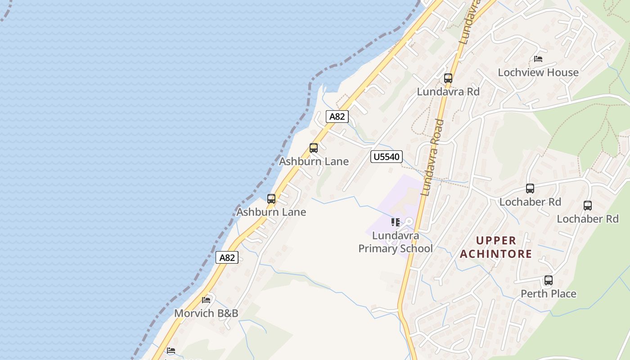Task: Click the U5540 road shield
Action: (x=386, y=157)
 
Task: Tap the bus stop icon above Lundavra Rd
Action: (x=448, y=78)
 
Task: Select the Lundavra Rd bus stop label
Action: (x=448, y=91)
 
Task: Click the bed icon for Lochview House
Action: (x=538, y=59)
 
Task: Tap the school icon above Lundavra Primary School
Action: (x=395, y=222)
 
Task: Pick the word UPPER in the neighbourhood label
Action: (x=496, y=240)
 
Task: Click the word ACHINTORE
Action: (x=496, y=254)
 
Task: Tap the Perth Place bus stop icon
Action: (x=548, y=280)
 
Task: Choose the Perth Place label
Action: (x=548, y=294)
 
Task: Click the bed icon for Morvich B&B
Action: (x=206, y=300)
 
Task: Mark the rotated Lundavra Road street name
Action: (x=432, y=157)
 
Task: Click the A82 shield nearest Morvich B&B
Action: (x=227, y=257)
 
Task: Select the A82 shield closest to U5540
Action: (x=337, y=117)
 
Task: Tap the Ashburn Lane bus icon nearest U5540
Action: (x=313, y=148)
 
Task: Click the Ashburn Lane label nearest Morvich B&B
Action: (x=271, y=212)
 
